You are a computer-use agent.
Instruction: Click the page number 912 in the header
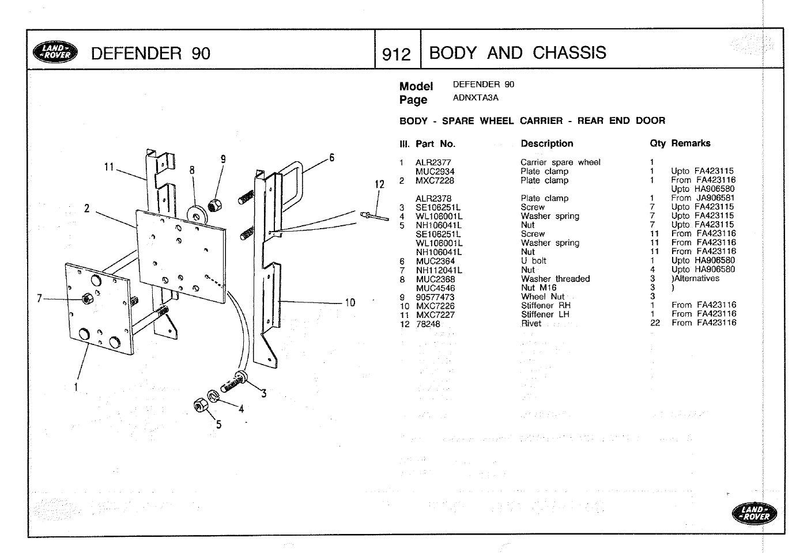click(397, 54)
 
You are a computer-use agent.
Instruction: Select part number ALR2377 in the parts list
click(433, 162)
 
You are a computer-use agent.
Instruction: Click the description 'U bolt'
click(533, 261)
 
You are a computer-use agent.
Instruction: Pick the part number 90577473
click(435, 297)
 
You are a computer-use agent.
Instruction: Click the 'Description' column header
click(546, 143)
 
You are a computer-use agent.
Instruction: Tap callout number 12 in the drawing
click(379, 184)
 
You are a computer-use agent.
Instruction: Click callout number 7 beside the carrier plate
click(39, 298)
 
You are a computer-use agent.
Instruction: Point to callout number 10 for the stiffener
click(350, 302)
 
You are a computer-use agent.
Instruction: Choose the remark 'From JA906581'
click(703, 198)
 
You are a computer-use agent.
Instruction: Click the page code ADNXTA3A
click(476, 98)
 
